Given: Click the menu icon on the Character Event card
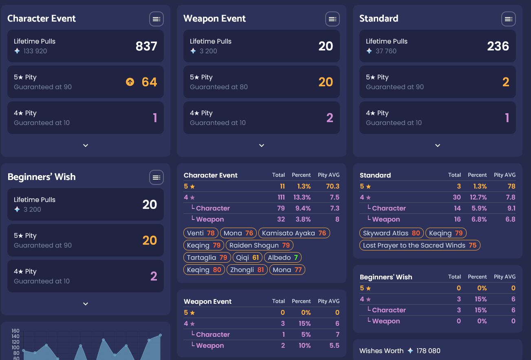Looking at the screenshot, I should pyautogui.click(x=156, y=19).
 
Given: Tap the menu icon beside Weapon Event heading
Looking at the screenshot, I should pyautogui.click(x=333, y=19).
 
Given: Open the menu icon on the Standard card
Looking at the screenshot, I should pyautogui.click(x=509, y=19).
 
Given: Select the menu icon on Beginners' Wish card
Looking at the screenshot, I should pyautogui.click(x=156, y=177).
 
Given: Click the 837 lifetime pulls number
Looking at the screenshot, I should pyautogui.click(x=146, y=46).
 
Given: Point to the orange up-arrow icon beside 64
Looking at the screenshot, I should pyautogui.click(x=130, y=82).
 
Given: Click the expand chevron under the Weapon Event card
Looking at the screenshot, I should pyautogui.click(x=262, y=145).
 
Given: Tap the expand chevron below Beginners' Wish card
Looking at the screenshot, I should pyautogui.click(x=86, y=304).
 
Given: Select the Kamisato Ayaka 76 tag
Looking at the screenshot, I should pyautogui.click(x=294, y=233).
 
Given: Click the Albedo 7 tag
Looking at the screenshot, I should pyautogui.click(x=283, y=257).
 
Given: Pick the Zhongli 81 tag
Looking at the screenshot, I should pyautogui.click(x=247, y=270).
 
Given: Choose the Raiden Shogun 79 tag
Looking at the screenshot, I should pyautogui.click(x=260, y=245).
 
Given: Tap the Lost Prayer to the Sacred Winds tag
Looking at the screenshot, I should pyautogui.click(x=420, y=245).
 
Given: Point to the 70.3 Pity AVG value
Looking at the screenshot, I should pyautogui.click(x=333, y=186).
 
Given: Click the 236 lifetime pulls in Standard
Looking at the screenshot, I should pyautogui.click(x=498, y=46).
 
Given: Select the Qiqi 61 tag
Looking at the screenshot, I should pyautogui.click(x=247, y=257).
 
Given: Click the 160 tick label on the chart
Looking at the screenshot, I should pyautogui.click(x=15, y=331).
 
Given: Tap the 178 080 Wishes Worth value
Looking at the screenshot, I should pyautogui.click(x=428, y=351).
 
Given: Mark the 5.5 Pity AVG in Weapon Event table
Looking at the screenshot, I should pyautogui.click(x=334, y=345).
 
